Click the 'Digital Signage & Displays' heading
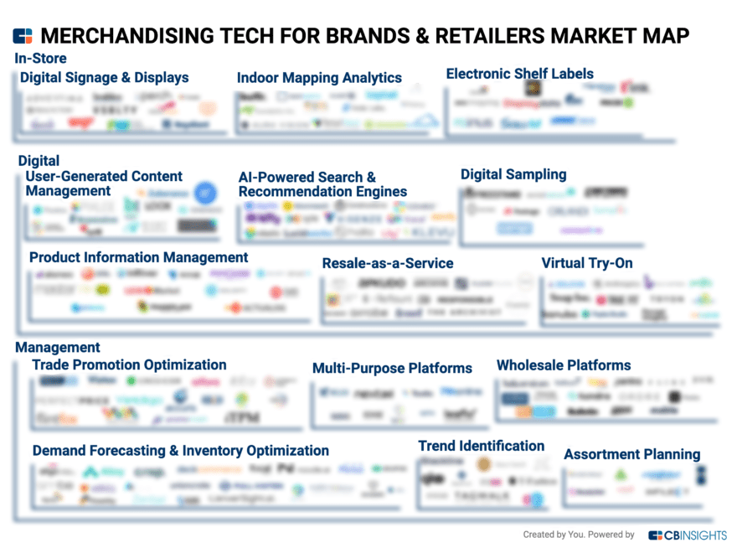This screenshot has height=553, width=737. click(105, 78)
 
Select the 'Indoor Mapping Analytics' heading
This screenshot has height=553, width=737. click(319, 78)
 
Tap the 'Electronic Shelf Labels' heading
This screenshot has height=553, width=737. click(519, 74)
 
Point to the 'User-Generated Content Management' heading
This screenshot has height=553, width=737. click(104, 183)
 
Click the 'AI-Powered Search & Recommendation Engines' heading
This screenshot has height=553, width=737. click(322, 184)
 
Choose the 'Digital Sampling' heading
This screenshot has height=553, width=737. click(513, 174)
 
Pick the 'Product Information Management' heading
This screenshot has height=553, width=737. click(138, 257)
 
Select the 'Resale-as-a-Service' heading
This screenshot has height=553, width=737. click(388, 263)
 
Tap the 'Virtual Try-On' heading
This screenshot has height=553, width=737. click(586, 263)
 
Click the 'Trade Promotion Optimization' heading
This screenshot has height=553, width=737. click(129, 364)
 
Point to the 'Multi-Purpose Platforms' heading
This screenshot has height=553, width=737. click(392, 368)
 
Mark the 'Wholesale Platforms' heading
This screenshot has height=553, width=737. click(564, 365)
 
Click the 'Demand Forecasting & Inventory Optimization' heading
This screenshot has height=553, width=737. click(181, 451)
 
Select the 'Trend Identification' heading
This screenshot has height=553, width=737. click(482, 446)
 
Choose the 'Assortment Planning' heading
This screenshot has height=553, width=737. click(631, 454)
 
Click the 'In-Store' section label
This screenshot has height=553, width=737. click(40, 59)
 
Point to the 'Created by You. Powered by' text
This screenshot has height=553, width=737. click(579, 535)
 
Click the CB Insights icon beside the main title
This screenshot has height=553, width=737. click(23, 36)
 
